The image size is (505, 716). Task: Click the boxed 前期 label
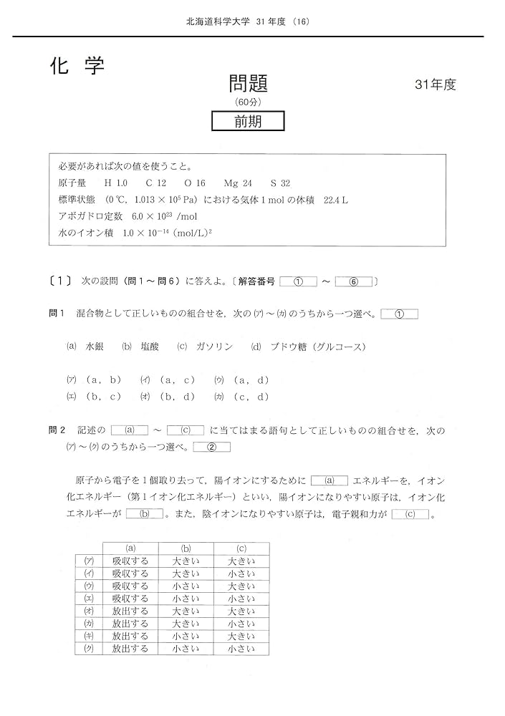[248, 122]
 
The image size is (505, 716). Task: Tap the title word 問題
[249, 83]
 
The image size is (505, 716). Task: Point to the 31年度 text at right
[435, 84]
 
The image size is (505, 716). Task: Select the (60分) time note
[249, 102]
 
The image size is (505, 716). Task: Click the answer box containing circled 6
[353, 282]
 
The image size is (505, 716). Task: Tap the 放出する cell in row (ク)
[130, 649]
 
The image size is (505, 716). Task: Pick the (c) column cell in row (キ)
[241, 637]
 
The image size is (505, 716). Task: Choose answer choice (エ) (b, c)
[94, 396]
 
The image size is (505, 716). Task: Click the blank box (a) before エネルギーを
[330, 480]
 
